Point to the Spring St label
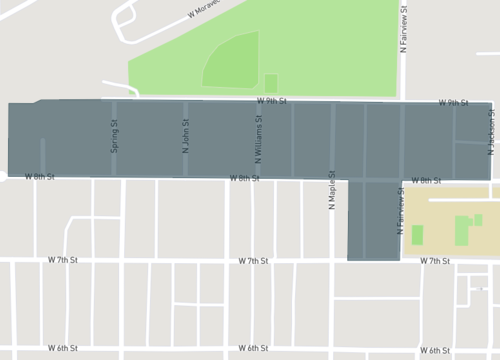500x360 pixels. (114, 136)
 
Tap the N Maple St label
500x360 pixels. (331, 189)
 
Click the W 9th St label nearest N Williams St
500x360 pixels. (271, 101)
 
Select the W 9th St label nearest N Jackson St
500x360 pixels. (453, 103)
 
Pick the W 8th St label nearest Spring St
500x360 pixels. (39, 177)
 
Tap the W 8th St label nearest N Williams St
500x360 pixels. (244, 179)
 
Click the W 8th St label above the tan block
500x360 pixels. (426, 181)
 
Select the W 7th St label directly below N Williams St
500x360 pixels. (254, 260)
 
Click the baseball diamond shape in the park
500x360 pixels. (232, 63)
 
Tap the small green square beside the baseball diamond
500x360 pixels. (271, 83)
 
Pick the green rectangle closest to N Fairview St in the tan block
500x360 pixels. (417, 235)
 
